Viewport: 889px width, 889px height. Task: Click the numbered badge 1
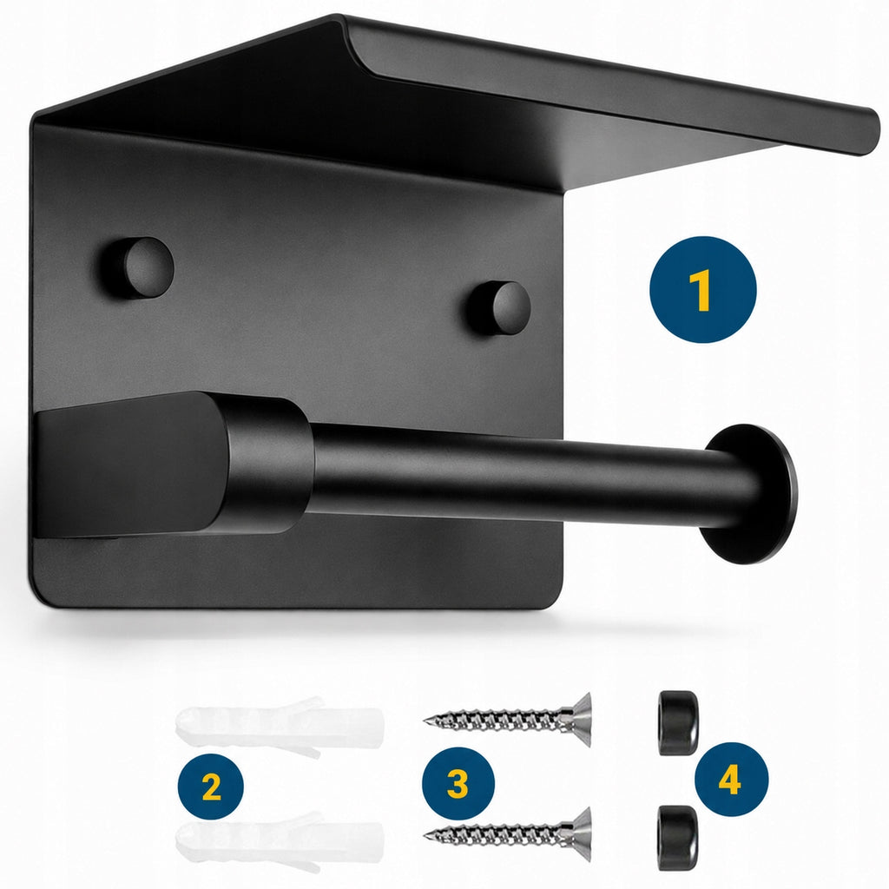point(703,290)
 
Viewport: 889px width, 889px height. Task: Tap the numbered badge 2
point(210,787)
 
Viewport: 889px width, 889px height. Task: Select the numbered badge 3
point(458,784)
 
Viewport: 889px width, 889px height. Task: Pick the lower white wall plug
point(280,840)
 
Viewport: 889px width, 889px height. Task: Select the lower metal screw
point(507,833)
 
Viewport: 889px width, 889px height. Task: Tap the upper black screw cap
point(677,723)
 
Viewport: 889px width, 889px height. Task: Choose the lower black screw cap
point(677,838)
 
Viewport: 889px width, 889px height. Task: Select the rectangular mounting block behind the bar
point(130,465)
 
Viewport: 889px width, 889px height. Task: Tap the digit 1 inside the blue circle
point(702,290)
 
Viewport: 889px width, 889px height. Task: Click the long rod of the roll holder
point(510,471)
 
